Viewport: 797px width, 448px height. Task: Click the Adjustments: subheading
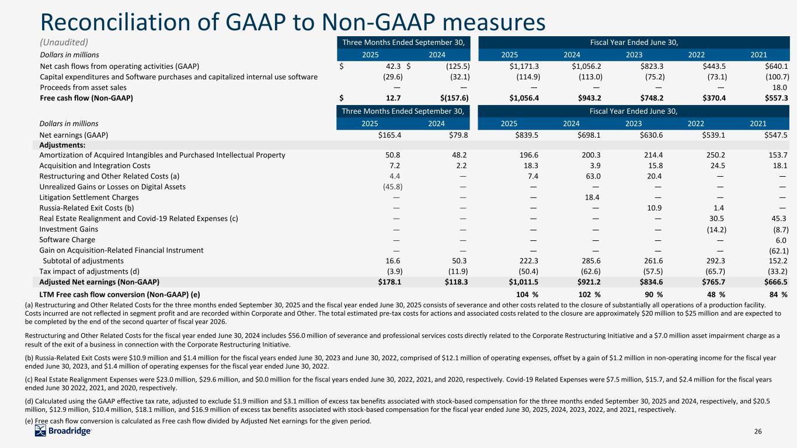click(x=62, y=145)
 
